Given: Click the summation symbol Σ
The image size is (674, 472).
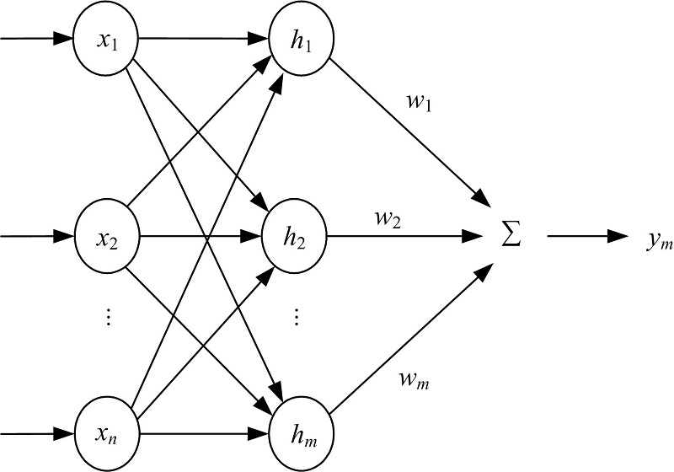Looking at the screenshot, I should (x=511, y=237).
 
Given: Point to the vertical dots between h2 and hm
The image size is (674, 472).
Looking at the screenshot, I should (x=297, y=319).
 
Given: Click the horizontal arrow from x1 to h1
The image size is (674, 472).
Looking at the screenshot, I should (x=202, y=39).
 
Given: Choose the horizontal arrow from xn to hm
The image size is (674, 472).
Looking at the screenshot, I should (x=202, y=434).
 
